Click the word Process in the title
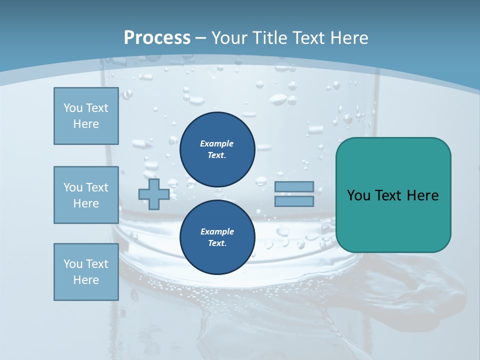pyautogui.click(x=157, y=38)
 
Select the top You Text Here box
pyautogui.click(x=86, y=116)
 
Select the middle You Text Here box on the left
pyautogui.click(x=86, y=195)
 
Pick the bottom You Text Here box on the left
pyautogui.click(x=86, y=272)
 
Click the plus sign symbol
pyautogui.click(x=154, y=194)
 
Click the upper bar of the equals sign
pyautogui.click(x=294, y=187)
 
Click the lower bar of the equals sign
pyautogui.click(x=294, y=201)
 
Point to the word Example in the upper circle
pyautogui.click(x=217, y=143)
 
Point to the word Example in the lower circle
pyautogui.click(x=217, y=231)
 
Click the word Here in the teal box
pyautogui.click(x=422, y=195)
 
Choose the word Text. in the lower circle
pyautogui.click(x=217, y=243)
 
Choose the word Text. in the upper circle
pyautogui.click(x=217, y=155)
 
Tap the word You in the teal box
pyautogui.click(x=358, y=195)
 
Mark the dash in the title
pyautogui.click(x=201, y=38)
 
